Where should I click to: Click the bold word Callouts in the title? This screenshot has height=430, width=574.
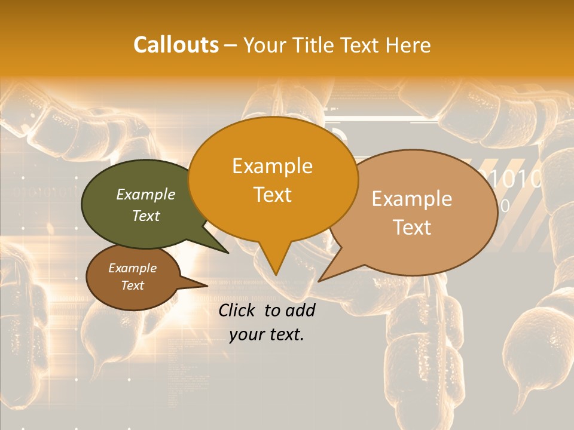coord(176,45)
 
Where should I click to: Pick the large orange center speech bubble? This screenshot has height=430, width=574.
coord(273,179)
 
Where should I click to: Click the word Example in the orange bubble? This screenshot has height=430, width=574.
coord(273,166)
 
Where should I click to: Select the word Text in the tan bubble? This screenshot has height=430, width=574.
coord(412,228)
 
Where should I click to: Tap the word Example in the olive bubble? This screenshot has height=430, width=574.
coord(145,194)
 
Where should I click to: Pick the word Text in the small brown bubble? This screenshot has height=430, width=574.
coord(133,285)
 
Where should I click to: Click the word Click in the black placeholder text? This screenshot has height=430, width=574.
coord(238,310)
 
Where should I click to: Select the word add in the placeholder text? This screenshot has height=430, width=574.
coord(300,310)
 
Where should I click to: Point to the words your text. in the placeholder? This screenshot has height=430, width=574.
coord(267,334)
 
